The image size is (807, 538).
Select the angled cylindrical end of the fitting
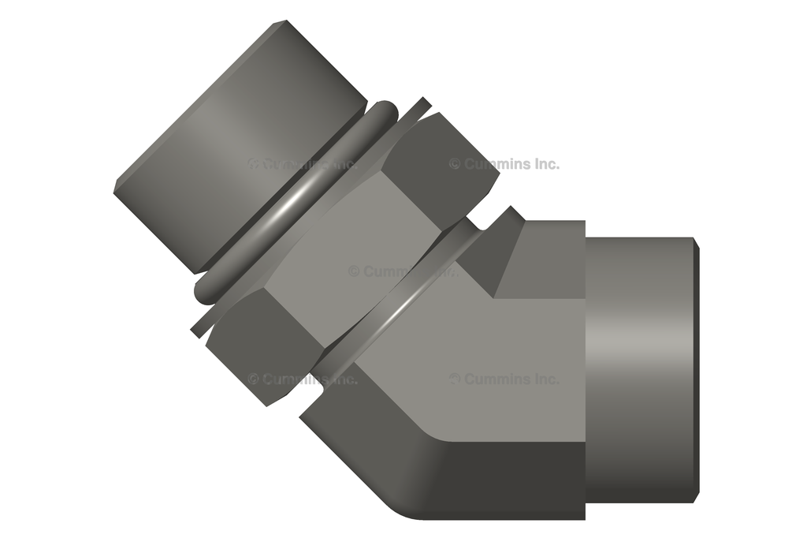click(236, 142)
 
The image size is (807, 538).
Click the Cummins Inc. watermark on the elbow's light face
click(504, 379)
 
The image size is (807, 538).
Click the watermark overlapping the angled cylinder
click(299, 164)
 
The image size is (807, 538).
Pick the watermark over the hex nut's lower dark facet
click(299, 379)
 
